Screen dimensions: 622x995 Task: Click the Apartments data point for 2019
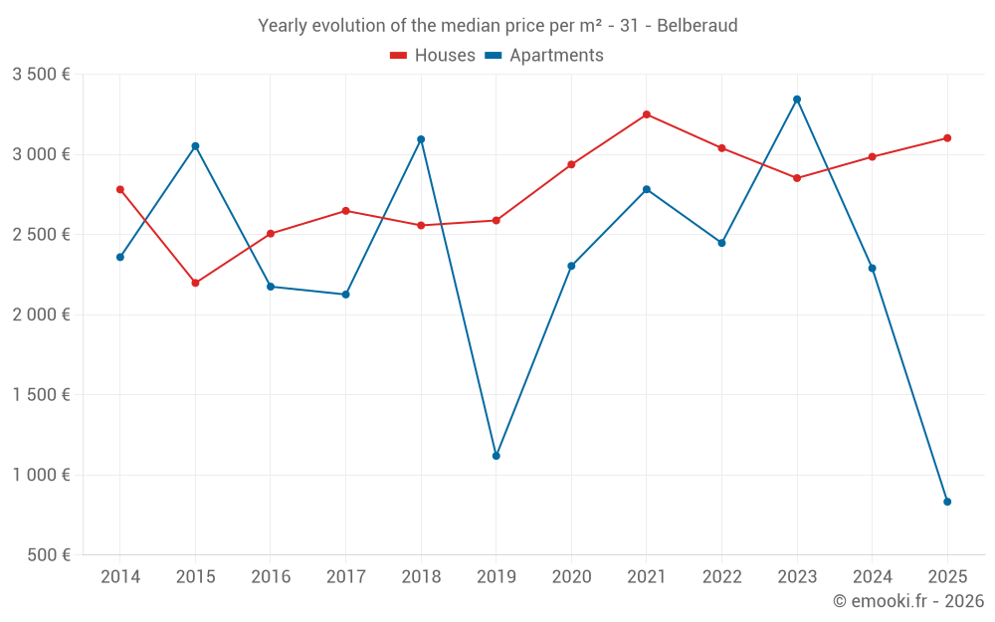point(496,456)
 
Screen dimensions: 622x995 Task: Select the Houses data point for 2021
point(647,114)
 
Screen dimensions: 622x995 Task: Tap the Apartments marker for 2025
point(947,502)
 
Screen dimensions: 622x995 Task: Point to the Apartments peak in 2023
point(797,100)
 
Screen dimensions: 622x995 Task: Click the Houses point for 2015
point(195,283)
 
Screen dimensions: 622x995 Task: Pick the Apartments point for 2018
point(421,139)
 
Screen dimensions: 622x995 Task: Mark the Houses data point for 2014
point(120,189)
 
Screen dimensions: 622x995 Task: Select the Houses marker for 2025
point(947,138)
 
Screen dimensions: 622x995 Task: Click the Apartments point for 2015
point(195,146)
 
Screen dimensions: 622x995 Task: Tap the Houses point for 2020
point(571,164)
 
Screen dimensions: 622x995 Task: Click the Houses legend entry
point(433,56)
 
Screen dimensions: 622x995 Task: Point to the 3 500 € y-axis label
point(41,75)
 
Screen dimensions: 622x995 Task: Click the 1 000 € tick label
point(41,475)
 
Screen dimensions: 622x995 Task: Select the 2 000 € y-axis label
point(41,314)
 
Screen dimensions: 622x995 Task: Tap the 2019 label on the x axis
point(496,577)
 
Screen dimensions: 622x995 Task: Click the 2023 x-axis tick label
point(797,577)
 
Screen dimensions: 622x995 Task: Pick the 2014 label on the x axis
point(120,577)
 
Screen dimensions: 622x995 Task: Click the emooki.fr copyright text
point(908,601)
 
